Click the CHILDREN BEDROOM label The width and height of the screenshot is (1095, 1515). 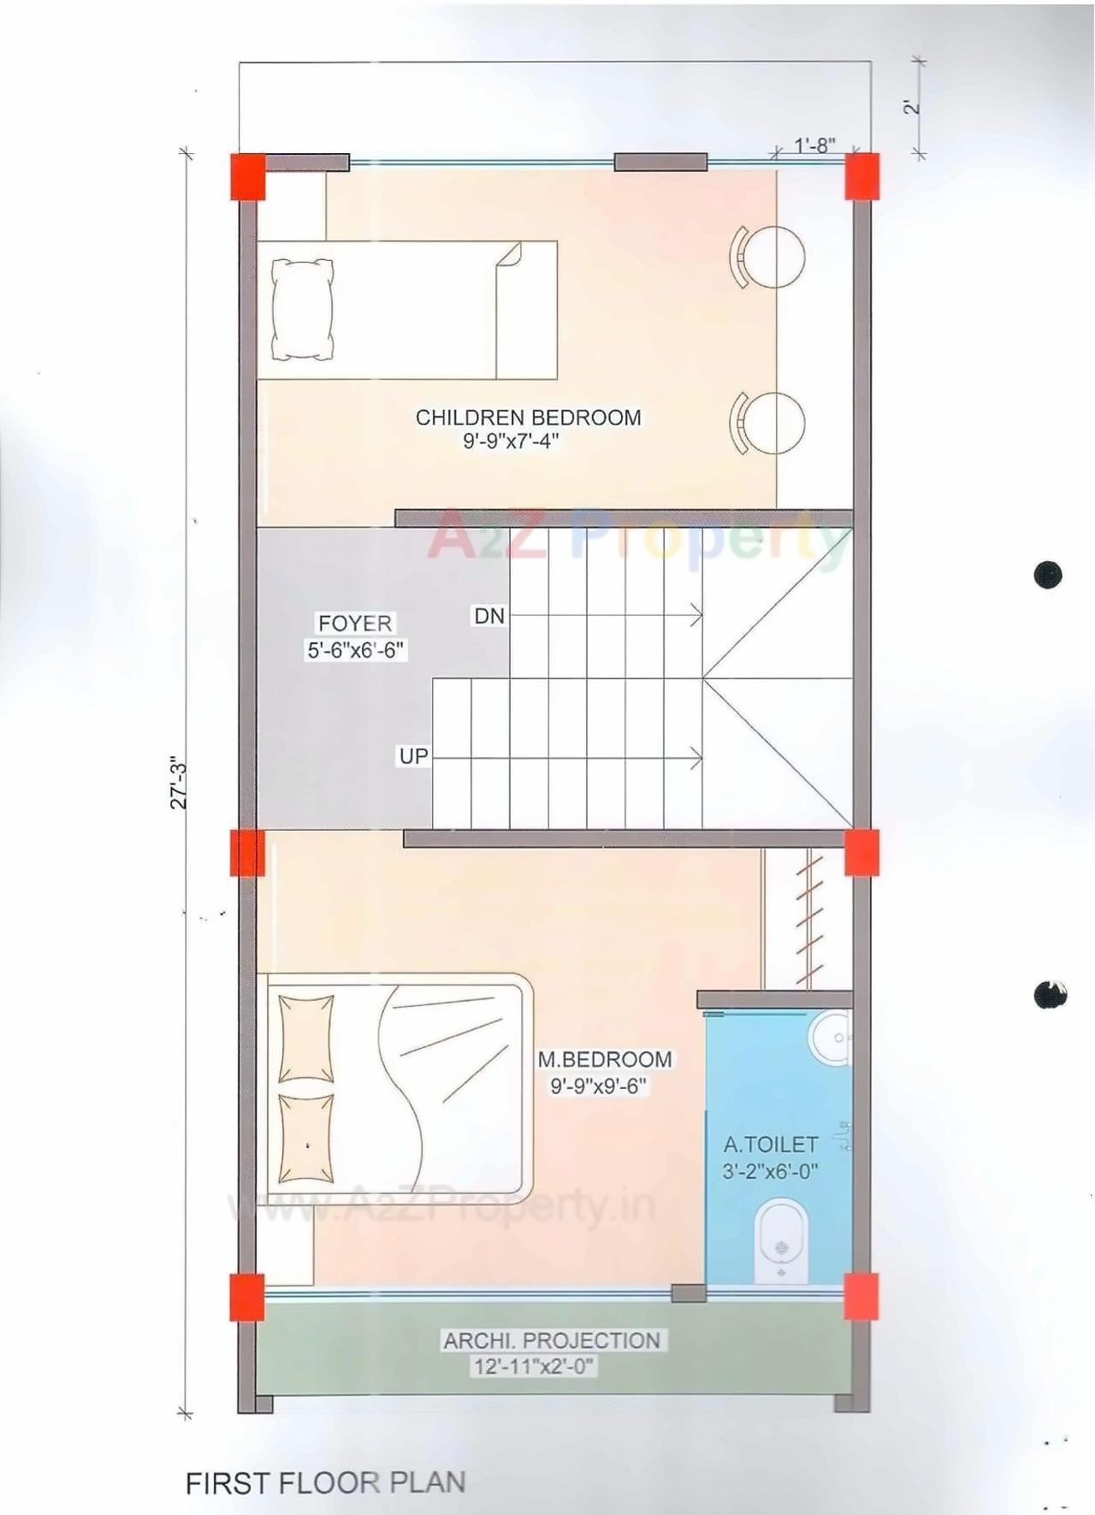(x=528, y=417)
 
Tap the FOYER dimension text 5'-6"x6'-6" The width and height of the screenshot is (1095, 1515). (x=355, y=650)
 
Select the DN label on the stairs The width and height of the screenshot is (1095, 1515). (x=489, y=616)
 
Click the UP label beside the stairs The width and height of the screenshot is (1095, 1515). (x=413, y=756)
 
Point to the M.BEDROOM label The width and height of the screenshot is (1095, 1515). (x=604, y=1059)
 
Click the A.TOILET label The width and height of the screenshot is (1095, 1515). (x=770, y=1145)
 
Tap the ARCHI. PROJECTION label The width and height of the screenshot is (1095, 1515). (x=551, y=1340)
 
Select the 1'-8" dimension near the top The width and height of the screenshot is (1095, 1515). (x=814, y=145)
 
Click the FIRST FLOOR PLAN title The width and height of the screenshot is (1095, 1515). (x=325, y=1482)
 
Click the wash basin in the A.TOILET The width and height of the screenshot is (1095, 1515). (x=829, y=1038)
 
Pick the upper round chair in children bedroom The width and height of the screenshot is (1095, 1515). (x=774, y=257)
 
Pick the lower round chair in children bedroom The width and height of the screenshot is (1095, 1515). (x=774, y=423)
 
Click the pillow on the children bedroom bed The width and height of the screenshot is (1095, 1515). (x=302, y=309)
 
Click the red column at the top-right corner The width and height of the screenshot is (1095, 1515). (x=862, y=176)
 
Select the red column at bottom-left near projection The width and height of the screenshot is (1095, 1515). (x=247, y=1297)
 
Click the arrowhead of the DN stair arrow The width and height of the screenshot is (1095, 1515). (x=698, y=615)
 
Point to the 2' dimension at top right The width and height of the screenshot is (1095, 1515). (x=913, y=108)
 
